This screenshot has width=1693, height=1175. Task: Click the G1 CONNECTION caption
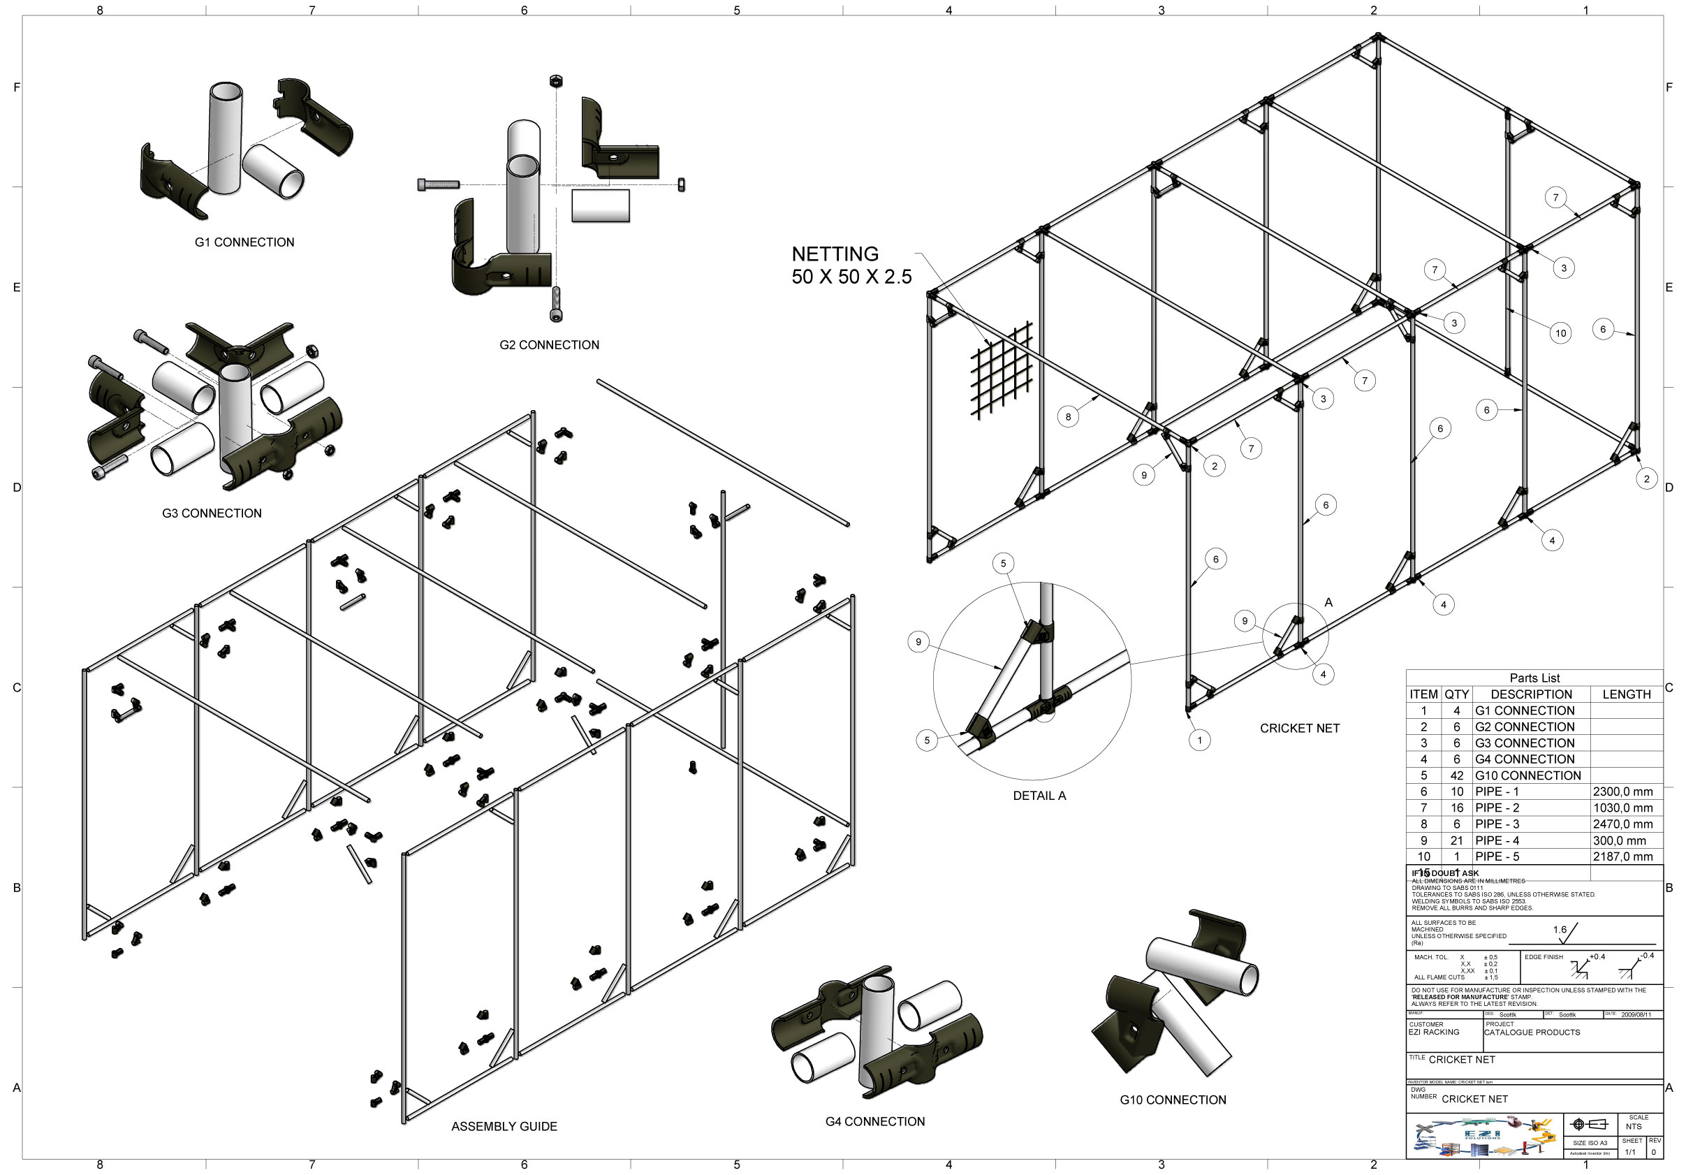tap(244, 242)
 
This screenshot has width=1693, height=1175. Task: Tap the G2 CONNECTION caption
tap(549, 344)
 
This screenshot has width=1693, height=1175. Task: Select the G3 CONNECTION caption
tap(212, 513)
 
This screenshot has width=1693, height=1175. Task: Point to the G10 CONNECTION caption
tap(1173, 1100)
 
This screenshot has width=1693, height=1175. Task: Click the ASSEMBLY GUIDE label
tap(504, 1126)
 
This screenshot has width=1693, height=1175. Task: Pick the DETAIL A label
tap(1039, 795)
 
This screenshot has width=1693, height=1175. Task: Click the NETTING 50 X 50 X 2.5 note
tap(851, 265)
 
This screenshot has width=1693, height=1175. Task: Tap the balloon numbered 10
tap(1560, 333)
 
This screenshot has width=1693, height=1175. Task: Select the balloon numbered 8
tap(1068, 416)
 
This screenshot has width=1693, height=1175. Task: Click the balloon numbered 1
tap(1199, 740)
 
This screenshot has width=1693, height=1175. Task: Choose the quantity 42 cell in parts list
tap(1456, 775)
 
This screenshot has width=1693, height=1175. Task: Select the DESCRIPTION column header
tap(1531, 694)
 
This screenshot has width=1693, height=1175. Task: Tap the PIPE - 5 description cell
tap(1497, 856)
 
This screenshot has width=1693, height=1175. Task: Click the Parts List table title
tap(1534, 678)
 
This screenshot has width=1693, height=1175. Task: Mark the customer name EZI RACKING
tap(1433, 1032)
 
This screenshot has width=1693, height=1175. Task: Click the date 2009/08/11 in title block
tap(1636, 1014)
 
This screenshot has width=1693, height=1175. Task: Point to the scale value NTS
tap(1634, 1126)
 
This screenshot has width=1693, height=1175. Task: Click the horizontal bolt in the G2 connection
tap(439, 185)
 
